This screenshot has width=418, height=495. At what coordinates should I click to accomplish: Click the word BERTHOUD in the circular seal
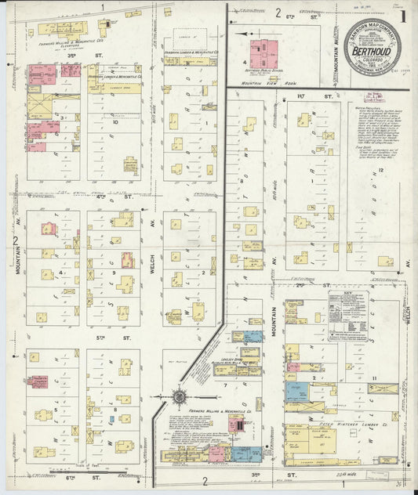tap(372, 51)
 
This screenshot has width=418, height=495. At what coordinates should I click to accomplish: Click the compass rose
tap(180, 397)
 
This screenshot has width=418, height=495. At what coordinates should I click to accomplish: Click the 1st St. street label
tap(299, 96)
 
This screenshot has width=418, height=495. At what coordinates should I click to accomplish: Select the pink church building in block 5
tap(37, 381)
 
